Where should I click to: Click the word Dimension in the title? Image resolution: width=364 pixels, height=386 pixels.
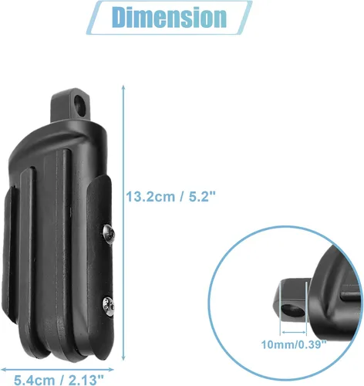pyautogui.click(x=169, y=17)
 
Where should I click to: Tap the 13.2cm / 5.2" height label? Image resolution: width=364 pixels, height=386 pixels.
pyautogui.click(x=170, y=197)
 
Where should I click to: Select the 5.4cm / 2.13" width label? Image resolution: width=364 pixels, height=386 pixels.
pyautogui.click(x=59, y=380)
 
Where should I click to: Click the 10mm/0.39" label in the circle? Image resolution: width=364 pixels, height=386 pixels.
pyautogui.click(x=294, y=344)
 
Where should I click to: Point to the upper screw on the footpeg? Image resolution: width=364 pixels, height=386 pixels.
pyautogui.click(x=109, y=232)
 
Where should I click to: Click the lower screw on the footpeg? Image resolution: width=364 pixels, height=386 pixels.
pyautogui.click(x=109, y=305)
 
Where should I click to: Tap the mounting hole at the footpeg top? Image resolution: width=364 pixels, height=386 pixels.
pyautogui.click(x=80, y=105)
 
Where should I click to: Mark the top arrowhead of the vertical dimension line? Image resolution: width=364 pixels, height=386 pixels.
pyautogui.click(x=123, y=87)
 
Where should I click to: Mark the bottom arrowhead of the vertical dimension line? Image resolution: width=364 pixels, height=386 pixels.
pyautogui.click(x=123, y=357)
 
